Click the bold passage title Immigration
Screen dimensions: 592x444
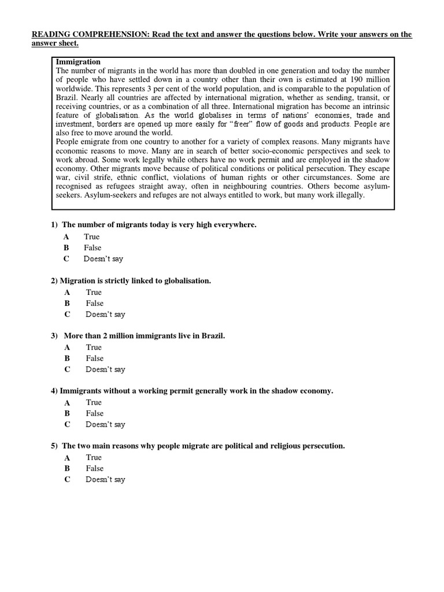tap(78, 62)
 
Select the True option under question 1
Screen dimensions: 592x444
tap(91, 236)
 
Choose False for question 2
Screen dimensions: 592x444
tap(95, 303)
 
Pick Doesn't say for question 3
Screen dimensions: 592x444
tap(105, 369)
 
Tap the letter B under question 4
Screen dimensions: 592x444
tap(67, 413)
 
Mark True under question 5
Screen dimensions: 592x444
tap(94, 457)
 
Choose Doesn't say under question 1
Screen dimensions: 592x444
tap(103, 259)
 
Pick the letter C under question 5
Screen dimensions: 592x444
tap(67, 479)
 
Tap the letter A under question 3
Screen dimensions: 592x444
tap(67, 347)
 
